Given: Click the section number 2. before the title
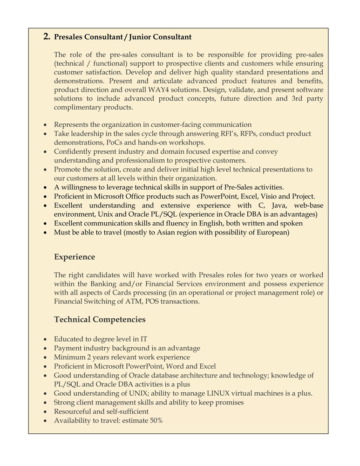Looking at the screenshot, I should coord(47,36).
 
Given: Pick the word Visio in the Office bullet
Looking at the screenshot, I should coord(263,196).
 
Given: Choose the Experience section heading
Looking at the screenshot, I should coord(75,257).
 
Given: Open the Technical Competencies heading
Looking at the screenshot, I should coord(100,320).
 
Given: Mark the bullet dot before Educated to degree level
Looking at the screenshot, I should coord(44,340).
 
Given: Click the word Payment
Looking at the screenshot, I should coord(67,349).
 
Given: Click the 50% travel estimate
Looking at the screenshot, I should coord(153,420).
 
